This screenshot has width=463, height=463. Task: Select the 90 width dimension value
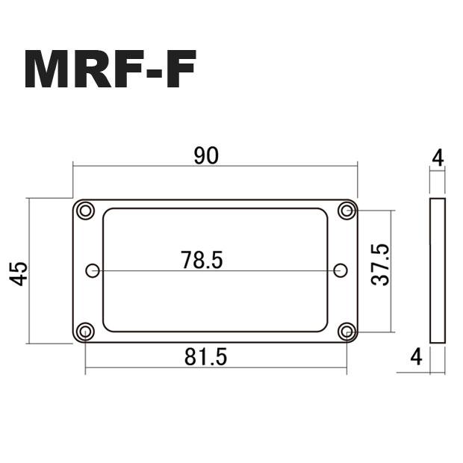pyautogui.click(x=205, y=156)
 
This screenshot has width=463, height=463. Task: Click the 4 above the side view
pyautogui.click(x=438, y=158)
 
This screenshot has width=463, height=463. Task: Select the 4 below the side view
pyautogui.click(x=416, y=357)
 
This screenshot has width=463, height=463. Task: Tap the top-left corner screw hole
pyautogui.click(x=86, y=211)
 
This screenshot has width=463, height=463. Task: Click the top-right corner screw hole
pyautogui.click(x=346, y=211)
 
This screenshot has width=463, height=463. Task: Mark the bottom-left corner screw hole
pyautogui.click(x=86, y=331)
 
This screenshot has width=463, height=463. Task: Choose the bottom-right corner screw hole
pyautogui.click(x=346, y=331)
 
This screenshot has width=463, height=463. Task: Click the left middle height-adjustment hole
pyautogui.click(x=93, y=270)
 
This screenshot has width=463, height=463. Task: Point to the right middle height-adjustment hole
pyautogui.click(x=340, y=270)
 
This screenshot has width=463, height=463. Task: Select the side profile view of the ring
pyautogui.click(x=438, y=271)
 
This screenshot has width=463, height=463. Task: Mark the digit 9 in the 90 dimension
pyautogui.click(x=199, y=156)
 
